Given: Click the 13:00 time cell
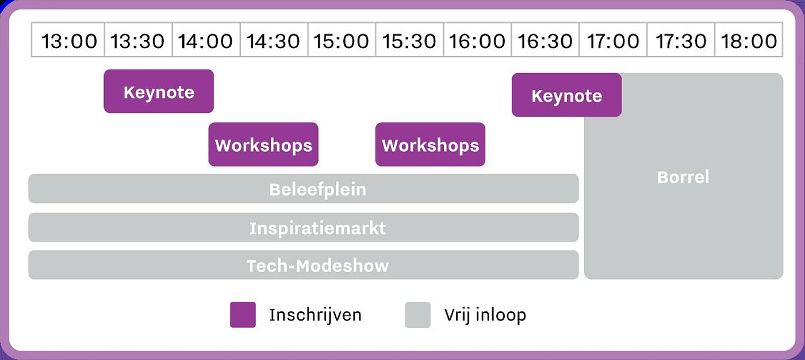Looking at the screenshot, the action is point(68,40).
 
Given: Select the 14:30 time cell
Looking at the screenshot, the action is point(274,40).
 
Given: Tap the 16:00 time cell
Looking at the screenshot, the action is point(478,40).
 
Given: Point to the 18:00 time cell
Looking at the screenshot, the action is point(749,40).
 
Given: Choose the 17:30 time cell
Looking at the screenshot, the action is point(681,40).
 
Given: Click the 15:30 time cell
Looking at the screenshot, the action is point(409,40).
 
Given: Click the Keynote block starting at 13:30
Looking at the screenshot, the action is point(159,91).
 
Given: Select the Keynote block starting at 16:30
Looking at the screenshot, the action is point(567,95).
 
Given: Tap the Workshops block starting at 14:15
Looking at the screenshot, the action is point(263,144).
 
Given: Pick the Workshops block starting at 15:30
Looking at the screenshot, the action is point(430,144).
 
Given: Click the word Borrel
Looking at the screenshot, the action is point(683,177).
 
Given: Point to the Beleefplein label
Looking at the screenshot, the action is point(317,190).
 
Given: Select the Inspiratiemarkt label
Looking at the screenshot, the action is point(317,228).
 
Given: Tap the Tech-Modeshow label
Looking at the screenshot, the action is point(317,266).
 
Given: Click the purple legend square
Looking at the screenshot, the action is point(243,315).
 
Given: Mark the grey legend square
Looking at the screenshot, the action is point(417,315).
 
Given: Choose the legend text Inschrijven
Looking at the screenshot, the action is point(316,315).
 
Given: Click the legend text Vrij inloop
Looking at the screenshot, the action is point(485,315).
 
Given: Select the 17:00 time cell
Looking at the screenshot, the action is point(613,40).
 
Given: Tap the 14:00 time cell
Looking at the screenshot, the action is point(206,40).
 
